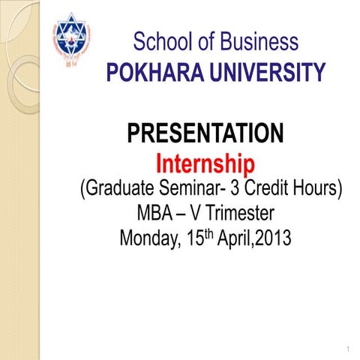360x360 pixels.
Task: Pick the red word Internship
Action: [x=205, y=163]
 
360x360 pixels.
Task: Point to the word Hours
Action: [x=320, y=187]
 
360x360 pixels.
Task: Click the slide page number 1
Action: [x=349, y=350]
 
